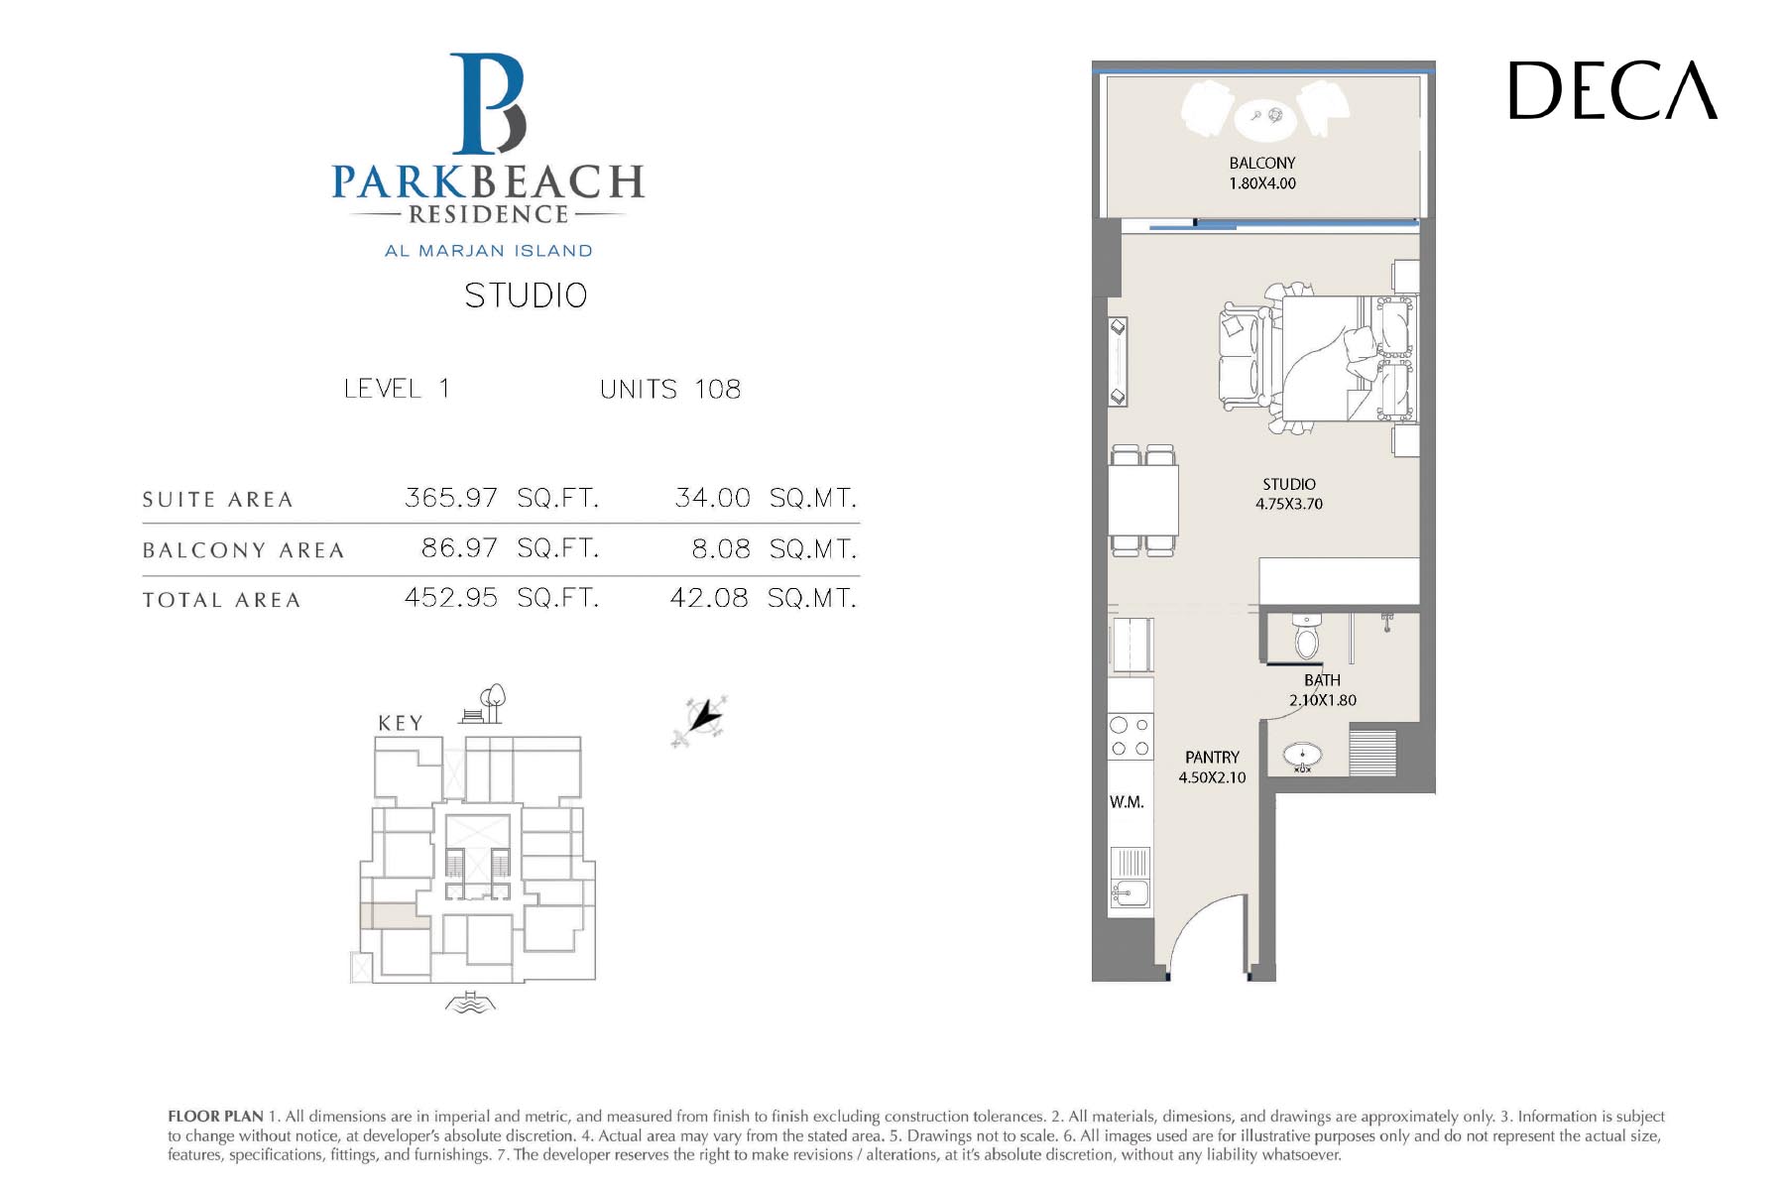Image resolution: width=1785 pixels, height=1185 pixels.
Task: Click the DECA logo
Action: [1612, 90]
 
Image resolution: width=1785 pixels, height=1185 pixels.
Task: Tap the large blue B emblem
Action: [488, 104]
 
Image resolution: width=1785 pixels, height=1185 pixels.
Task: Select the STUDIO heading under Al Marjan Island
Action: [526, 296]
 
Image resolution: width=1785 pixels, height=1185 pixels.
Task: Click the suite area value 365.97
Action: [451, 497]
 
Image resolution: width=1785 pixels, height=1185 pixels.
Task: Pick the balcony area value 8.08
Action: [721, 548]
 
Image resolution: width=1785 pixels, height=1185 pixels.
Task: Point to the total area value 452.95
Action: [451, 597]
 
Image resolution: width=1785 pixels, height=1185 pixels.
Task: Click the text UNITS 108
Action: [670, 389]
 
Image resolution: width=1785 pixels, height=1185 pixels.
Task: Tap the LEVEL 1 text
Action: [397, 388]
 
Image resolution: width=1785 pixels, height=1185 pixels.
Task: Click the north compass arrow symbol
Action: [700, 721]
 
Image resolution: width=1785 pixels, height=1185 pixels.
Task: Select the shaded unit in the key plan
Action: [395, 916]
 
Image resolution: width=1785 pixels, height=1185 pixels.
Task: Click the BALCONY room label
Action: [1262, 163]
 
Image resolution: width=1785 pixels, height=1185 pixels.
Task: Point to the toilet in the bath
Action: [1307, 638]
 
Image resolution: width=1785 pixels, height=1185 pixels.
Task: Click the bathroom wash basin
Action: [1302, 758]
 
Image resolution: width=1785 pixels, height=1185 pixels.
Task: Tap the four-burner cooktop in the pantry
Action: [1130, 737]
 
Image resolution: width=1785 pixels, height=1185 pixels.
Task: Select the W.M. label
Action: [1127, 802]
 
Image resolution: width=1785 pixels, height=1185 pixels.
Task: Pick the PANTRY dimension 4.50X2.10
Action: [1212, 777]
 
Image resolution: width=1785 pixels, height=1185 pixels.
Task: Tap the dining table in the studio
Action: [1143, 501]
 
